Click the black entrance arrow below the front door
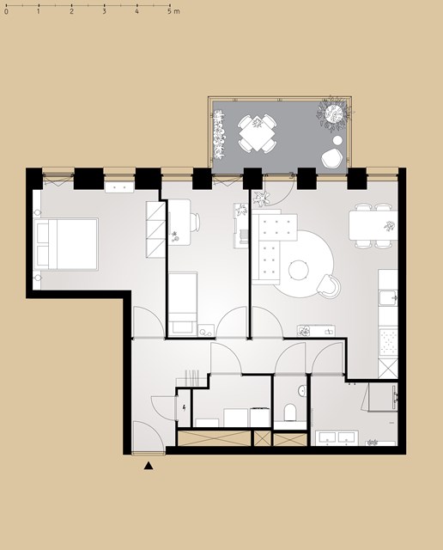[149, 466]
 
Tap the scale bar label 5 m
[173, 11]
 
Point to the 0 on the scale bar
[6, 11]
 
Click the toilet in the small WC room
[290, 412]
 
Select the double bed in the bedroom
[65, 244]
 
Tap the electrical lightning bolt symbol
[184, 408]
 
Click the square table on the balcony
[258, 134]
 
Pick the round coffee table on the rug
[299, 270]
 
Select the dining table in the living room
[373, 225]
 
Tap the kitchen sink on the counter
[388, 298]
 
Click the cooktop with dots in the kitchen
[388, 341]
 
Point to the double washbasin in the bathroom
[337, 438]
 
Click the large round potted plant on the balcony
[334, 113]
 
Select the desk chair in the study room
[195, 222]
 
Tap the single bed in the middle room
[183, 304]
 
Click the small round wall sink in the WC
[302, 390]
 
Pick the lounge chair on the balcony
[331, 158]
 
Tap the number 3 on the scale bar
[105, 11]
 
